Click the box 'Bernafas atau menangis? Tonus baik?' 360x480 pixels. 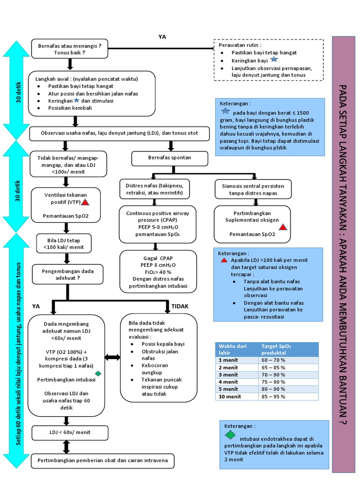tap(69, 49)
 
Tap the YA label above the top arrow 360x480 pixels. tap(163, 37)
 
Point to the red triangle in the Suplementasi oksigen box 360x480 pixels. tap(283, 227)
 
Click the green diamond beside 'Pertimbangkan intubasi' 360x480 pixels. tap(98, 373)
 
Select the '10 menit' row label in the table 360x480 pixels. tap(230, 397)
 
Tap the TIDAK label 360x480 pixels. tap(180, 306)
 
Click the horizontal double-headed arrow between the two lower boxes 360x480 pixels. tap(112, 358)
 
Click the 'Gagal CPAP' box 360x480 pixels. tap(158, 272)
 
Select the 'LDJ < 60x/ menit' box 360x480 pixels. tap(70, 432)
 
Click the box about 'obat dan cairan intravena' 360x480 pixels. tap(103, 461)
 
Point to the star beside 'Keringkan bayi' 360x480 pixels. tap(274, 60)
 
